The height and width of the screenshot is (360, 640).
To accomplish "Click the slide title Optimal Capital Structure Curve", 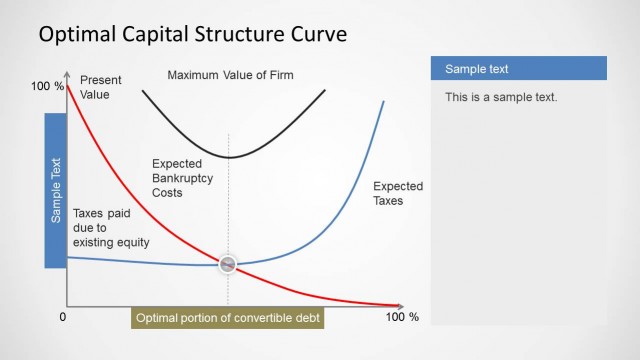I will [192, 35].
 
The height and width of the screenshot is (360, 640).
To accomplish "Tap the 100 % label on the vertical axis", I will [47, 87].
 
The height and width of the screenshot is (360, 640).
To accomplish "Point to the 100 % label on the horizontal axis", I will [402, 317].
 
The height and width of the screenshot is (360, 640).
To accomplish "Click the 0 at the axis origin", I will [62, 317].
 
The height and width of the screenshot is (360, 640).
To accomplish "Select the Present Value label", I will [99, 87].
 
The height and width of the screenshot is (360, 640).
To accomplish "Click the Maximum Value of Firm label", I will [230, 75].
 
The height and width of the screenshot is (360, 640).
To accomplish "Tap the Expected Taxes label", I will [397, 193].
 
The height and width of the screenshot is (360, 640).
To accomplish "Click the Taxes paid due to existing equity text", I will [110, 228].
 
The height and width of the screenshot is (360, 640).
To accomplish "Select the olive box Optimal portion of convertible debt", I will [229, 318].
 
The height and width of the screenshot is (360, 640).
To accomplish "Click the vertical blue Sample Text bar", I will [56, 190].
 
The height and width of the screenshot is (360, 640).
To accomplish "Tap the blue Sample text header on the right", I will [518, 69].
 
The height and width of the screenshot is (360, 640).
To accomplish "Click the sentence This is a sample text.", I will [501, 97].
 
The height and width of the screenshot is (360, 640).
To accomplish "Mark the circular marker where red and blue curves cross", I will [229, 264].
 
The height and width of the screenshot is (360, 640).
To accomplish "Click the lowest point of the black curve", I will [229, 157].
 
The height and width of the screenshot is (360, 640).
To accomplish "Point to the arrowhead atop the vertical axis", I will [67, 74].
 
